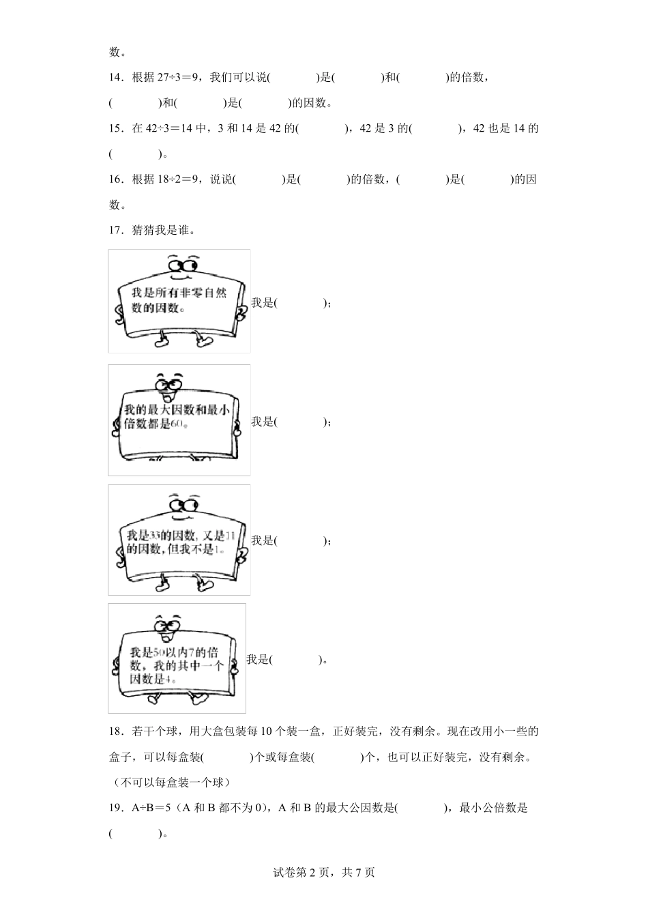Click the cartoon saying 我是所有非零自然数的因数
[x=179, y=300]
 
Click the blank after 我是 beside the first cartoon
[x=300, y=303]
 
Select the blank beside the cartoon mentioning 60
[x=300, y=422]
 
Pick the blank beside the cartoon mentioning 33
[x=300, y=541]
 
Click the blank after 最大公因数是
[x=420, y=809]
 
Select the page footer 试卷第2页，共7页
[x=324, y=872]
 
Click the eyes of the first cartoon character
[x=182, y=264]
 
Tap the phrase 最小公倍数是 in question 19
[x=494, y=809]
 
